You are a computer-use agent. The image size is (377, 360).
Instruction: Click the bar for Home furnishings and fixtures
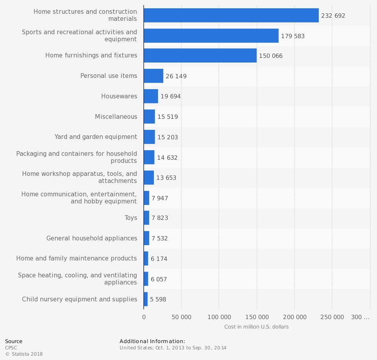(x=200, y=55)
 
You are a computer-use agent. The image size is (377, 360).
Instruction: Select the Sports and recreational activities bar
(x=211, y=35)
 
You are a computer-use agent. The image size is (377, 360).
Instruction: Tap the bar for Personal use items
(x=153, y=76)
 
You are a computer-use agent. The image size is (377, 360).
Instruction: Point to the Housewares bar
(x=151, y=96)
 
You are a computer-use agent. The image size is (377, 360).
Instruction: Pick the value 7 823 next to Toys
(x=160, y=218)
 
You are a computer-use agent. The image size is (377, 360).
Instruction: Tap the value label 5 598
(x=158, y=299)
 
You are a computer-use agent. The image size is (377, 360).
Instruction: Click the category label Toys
(x=131, y=218)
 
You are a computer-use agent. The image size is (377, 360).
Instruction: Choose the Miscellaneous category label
(x=116, y=117)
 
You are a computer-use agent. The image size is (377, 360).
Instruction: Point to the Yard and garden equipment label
(x=96, y=137)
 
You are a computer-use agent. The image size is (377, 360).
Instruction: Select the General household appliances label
(x=92, y=238)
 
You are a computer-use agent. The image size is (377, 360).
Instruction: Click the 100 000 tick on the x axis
(x=219, y=317)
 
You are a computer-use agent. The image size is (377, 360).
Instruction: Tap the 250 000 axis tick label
(x=332, y=317)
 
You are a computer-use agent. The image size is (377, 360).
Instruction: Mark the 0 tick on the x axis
(x=144, y=317)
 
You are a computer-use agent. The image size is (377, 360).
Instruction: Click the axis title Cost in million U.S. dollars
(x=256, y=327)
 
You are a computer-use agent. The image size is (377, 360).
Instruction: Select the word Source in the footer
(x=14, y=341)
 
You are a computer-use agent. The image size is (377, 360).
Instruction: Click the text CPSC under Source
(x=11, y=348)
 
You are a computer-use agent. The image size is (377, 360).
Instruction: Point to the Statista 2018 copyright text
(x=24, y=354)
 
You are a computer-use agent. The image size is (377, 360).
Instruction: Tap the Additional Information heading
(x=152, y=341)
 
